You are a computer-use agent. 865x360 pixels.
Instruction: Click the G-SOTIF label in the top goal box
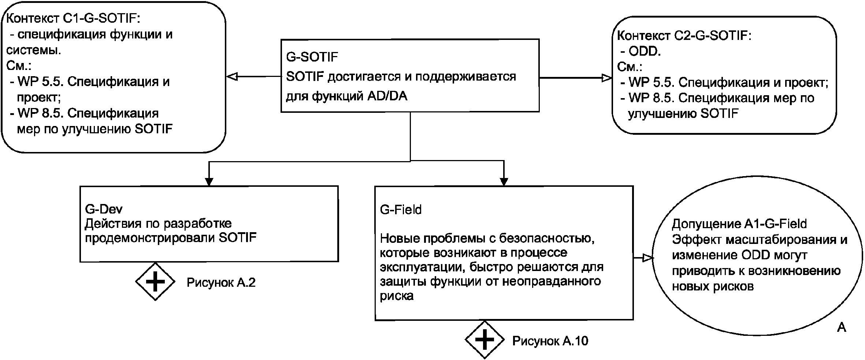click(312, 57)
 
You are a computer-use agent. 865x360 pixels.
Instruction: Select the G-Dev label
click(104, 209)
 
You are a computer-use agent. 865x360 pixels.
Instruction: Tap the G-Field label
click(401, 210)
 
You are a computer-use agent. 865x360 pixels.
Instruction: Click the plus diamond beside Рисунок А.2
click(155, 282)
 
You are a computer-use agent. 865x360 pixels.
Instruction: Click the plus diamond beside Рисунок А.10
click(485, 340)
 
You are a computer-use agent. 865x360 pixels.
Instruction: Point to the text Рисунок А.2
click(221, 283)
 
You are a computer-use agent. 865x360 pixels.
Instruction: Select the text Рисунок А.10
click(550, 341)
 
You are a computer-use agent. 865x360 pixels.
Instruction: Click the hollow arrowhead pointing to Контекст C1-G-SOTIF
click(232, 77)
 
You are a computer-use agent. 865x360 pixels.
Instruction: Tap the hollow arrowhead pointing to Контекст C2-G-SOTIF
click(607, 78)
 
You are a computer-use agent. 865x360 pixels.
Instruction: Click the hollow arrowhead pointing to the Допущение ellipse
click(648, 258)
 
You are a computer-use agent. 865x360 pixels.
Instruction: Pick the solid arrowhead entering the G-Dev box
click(209, 182)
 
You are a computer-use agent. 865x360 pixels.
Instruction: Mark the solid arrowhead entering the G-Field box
click(504, 182)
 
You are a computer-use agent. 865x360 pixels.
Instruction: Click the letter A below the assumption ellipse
click(842, 327)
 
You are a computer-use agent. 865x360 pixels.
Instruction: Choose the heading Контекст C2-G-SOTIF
click(684, 36)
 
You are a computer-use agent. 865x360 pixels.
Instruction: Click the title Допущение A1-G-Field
click(739, 224)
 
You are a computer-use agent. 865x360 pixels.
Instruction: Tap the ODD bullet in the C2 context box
click(644, 51)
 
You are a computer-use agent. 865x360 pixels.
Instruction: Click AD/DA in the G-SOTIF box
click(387, 96)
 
